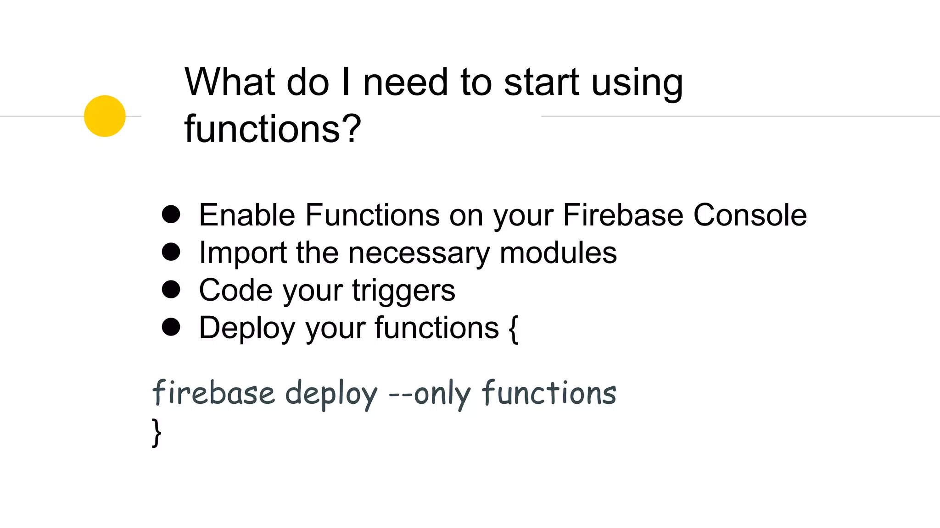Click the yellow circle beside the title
(105, 116)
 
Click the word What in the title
(229, 82)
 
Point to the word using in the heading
(637, 83)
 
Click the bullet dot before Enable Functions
(171, 214)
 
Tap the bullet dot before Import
(171, 252)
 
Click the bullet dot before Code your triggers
(171, 290)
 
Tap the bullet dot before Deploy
(171, 327)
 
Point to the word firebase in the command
(213, 393)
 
